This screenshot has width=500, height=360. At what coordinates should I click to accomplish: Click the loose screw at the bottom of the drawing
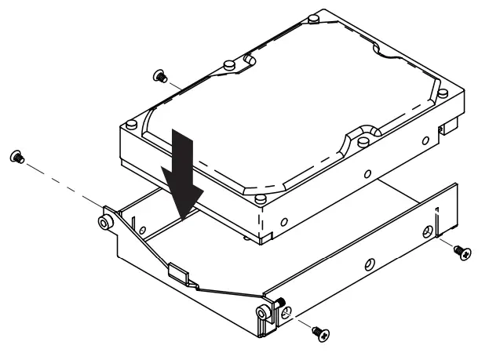(319, 333)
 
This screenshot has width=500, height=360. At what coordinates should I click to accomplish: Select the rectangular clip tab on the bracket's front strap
(177, 273)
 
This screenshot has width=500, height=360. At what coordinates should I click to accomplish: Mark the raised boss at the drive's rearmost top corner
(314, 16)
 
